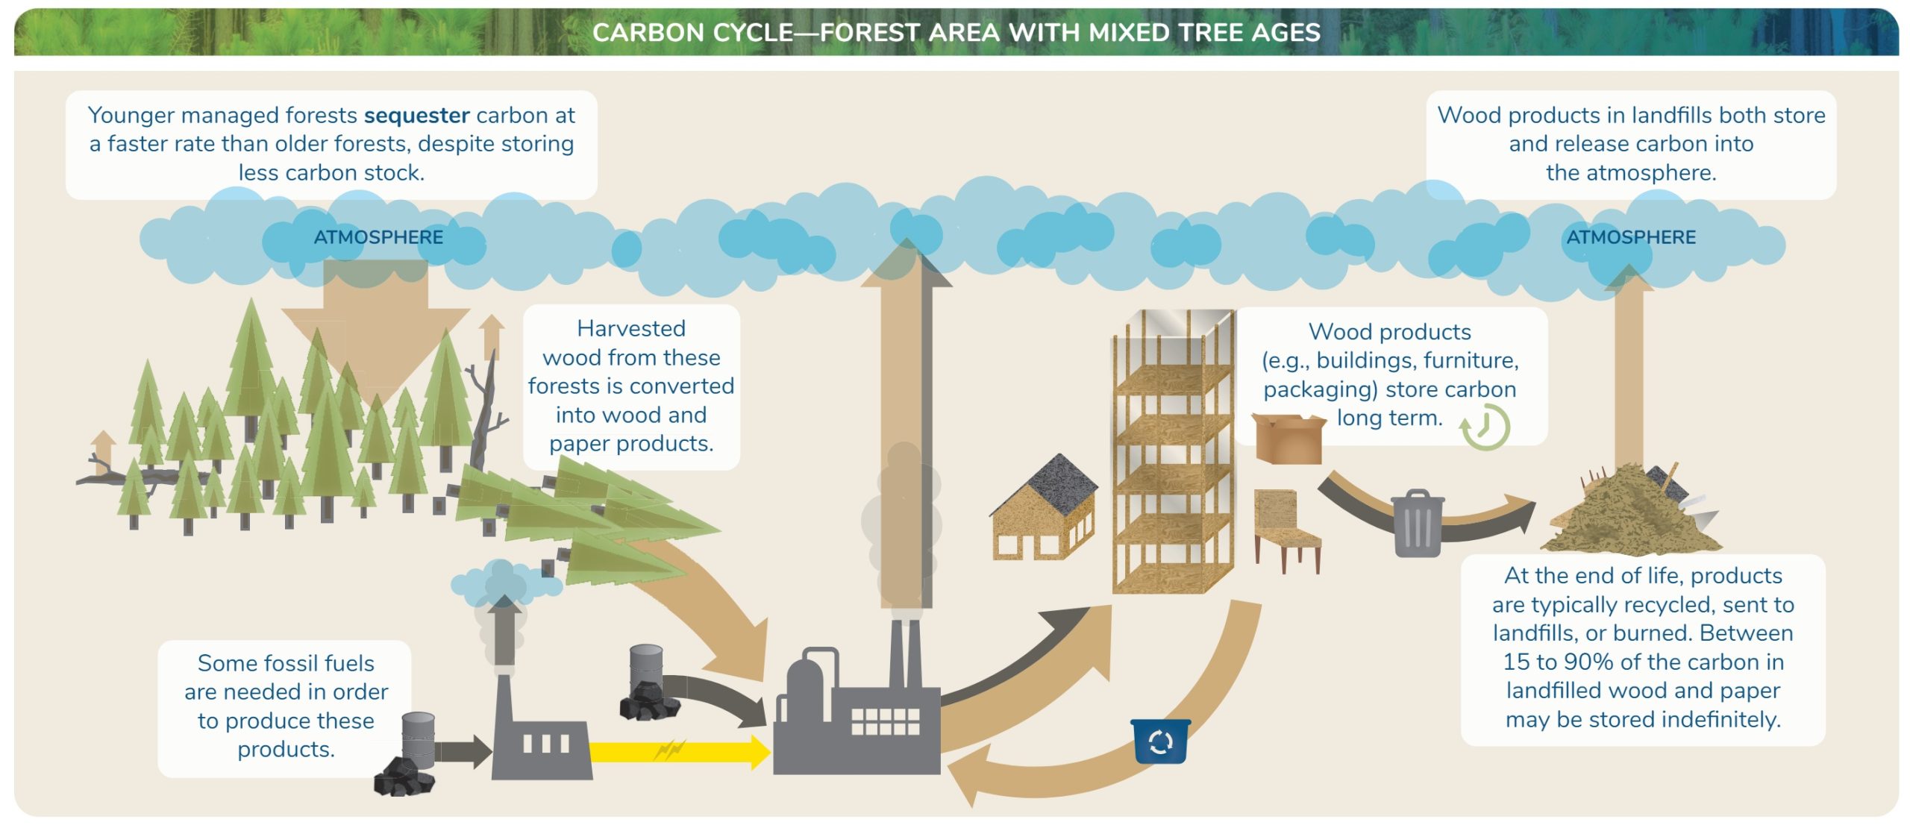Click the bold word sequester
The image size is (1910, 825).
pyautogui.click(x=417, y=116)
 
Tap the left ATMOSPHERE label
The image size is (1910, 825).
pyautogui.click(x=378, y=237)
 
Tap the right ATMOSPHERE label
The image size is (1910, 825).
pyautogui.click(x=1631, y=237)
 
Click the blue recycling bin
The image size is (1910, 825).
pyautogui.click(x=1160, y=741)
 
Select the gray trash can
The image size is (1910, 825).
pyautogui.click(x=1418, y=523)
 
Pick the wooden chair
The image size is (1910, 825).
pyautogui.click(x=1286, y=530)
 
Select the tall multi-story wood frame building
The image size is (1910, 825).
pyautogui.click(x=1172, y=451)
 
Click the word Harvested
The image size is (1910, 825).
pyautogui.click(x=631, y=329)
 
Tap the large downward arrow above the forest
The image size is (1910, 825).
pyautogui.click(x=375, y=328)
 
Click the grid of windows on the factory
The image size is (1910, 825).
pyautogui.click(x=886, y=721)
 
